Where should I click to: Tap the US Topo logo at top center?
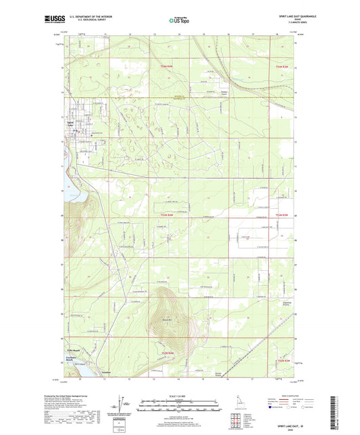coord(180,20)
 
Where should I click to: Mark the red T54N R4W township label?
coord(167,67)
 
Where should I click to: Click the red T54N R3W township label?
coord(282,67)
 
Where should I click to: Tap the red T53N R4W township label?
coord(167,214)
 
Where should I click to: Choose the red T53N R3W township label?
coord(282,214)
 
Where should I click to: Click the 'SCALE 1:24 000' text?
coord(180,396)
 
